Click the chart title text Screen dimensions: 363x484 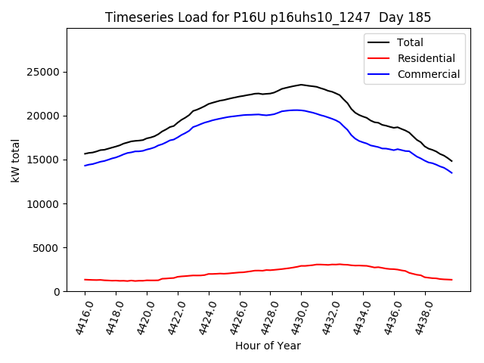tap(268, 17)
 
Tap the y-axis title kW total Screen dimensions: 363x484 tap(16, 160)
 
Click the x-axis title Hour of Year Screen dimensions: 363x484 tap(268, 346)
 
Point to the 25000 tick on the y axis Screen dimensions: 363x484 tap(45, 72)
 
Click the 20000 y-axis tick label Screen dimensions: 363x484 tap(45, 116)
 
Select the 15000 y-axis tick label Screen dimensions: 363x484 tap(45, 160)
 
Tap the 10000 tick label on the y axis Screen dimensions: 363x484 tap(45, 203)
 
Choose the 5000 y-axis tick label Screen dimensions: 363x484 tap(48, 247)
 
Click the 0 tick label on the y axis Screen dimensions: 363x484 tap(57, 291)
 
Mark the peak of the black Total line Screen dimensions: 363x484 tap(301, 85)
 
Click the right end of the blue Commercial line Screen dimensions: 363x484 tap(452, 173)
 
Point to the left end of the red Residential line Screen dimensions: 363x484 tap(85, 279)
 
